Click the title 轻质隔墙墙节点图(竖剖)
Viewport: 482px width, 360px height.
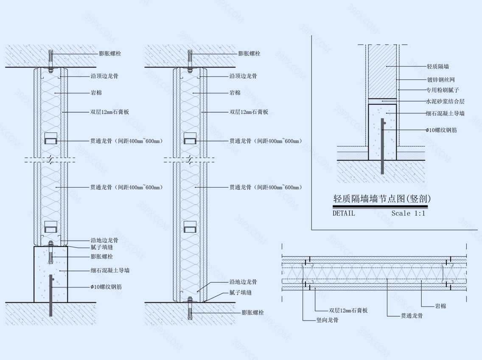[x=382, y=199]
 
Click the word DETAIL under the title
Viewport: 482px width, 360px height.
[x=344, y=213]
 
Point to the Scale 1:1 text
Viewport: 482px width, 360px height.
[x=408, y=213]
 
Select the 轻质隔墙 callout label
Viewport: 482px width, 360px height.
[x=438, y=67]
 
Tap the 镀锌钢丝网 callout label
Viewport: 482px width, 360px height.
[x=441, y=80]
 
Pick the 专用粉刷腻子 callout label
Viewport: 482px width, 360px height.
[x=443, y=90]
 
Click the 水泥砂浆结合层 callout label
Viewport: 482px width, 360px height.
[x=445, y=101]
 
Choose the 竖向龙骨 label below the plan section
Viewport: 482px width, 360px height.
[x=328, y=320]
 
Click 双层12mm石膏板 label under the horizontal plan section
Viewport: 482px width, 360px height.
[x=348, y=310]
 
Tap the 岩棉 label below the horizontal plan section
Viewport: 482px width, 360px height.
[x=440, y=306]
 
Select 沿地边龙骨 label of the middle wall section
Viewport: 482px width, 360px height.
[x=243, y=281]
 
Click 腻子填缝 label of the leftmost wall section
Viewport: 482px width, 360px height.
[x=102, y=247]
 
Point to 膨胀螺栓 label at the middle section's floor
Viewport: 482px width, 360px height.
[x=253, y=312]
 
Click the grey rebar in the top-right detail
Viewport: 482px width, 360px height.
[x=383, y=146]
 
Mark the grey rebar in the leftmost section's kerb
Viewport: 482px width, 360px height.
[x=51, y=296]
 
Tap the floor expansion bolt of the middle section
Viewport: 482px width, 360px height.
[x=190, y=308]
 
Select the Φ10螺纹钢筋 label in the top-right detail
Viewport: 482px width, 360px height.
[x=441, y=130]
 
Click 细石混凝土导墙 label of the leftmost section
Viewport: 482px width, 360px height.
[x=110, y=270]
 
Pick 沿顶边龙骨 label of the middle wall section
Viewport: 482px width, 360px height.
[x=243, y=76]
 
